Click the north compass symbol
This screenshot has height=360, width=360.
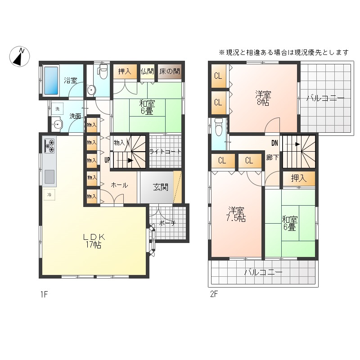point(19,57)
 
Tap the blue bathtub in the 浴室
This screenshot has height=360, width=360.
point(51,81)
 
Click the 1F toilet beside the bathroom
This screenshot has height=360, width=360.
point(103,71)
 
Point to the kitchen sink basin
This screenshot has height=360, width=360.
point(49,177)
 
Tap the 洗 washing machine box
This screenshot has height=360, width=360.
point(57,109)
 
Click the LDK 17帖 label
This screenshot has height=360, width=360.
point(94,241)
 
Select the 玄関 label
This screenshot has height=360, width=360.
point(161,187)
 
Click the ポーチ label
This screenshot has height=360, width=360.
point(167,223)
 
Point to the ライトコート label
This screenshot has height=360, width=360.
point(165,152)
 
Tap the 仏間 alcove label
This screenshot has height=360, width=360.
point(147,72)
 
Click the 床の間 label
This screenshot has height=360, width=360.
point(170,71)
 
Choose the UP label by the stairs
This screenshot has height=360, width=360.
point(107,160)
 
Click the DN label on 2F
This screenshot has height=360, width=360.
point(274,143)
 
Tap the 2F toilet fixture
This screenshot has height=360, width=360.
point(219,127)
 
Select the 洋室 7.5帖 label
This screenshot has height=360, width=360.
point(236,215)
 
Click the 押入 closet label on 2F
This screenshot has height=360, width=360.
point(299,178)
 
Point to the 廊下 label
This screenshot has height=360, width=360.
point(273,157)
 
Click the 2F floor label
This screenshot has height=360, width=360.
point(214,294)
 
